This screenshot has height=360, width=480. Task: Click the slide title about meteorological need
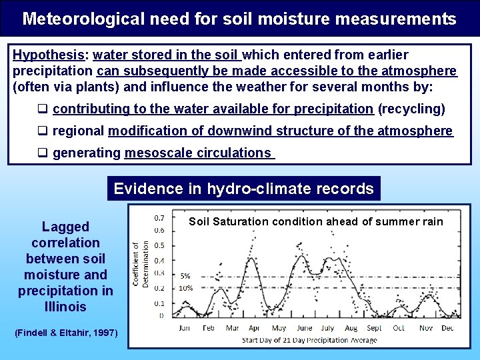tap(239, 19)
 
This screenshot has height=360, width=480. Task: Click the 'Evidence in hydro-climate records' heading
tap(243, 189)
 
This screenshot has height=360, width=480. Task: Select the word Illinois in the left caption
tap(65, 307)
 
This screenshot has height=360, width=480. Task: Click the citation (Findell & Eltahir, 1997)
tap(66, 333)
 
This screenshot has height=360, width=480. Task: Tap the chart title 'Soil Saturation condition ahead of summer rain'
tap(315, 221)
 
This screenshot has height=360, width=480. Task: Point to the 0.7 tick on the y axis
tap(160, 218)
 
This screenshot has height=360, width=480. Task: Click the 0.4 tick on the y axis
tap(160, 261)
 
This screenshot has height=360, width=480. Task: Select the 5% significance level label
tap(185, 275)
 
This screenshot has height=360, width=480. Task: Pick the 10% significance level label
tap(186, 289)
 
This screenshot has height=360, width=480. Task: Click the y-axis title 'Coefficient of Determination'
tap(141, 264)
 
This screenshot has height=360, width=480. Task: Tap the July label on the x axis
tap(327, 328)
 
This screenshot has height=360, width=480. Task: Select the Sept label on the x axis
tap(374, 328)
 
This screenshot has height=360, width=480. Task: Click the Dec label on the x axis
tap(447, 328)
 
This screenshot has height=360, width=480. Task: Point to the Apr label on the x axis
tap(254, 328)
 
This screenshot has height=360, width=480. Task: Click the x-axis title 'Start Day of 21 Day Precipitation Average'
tap(309, 340)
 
